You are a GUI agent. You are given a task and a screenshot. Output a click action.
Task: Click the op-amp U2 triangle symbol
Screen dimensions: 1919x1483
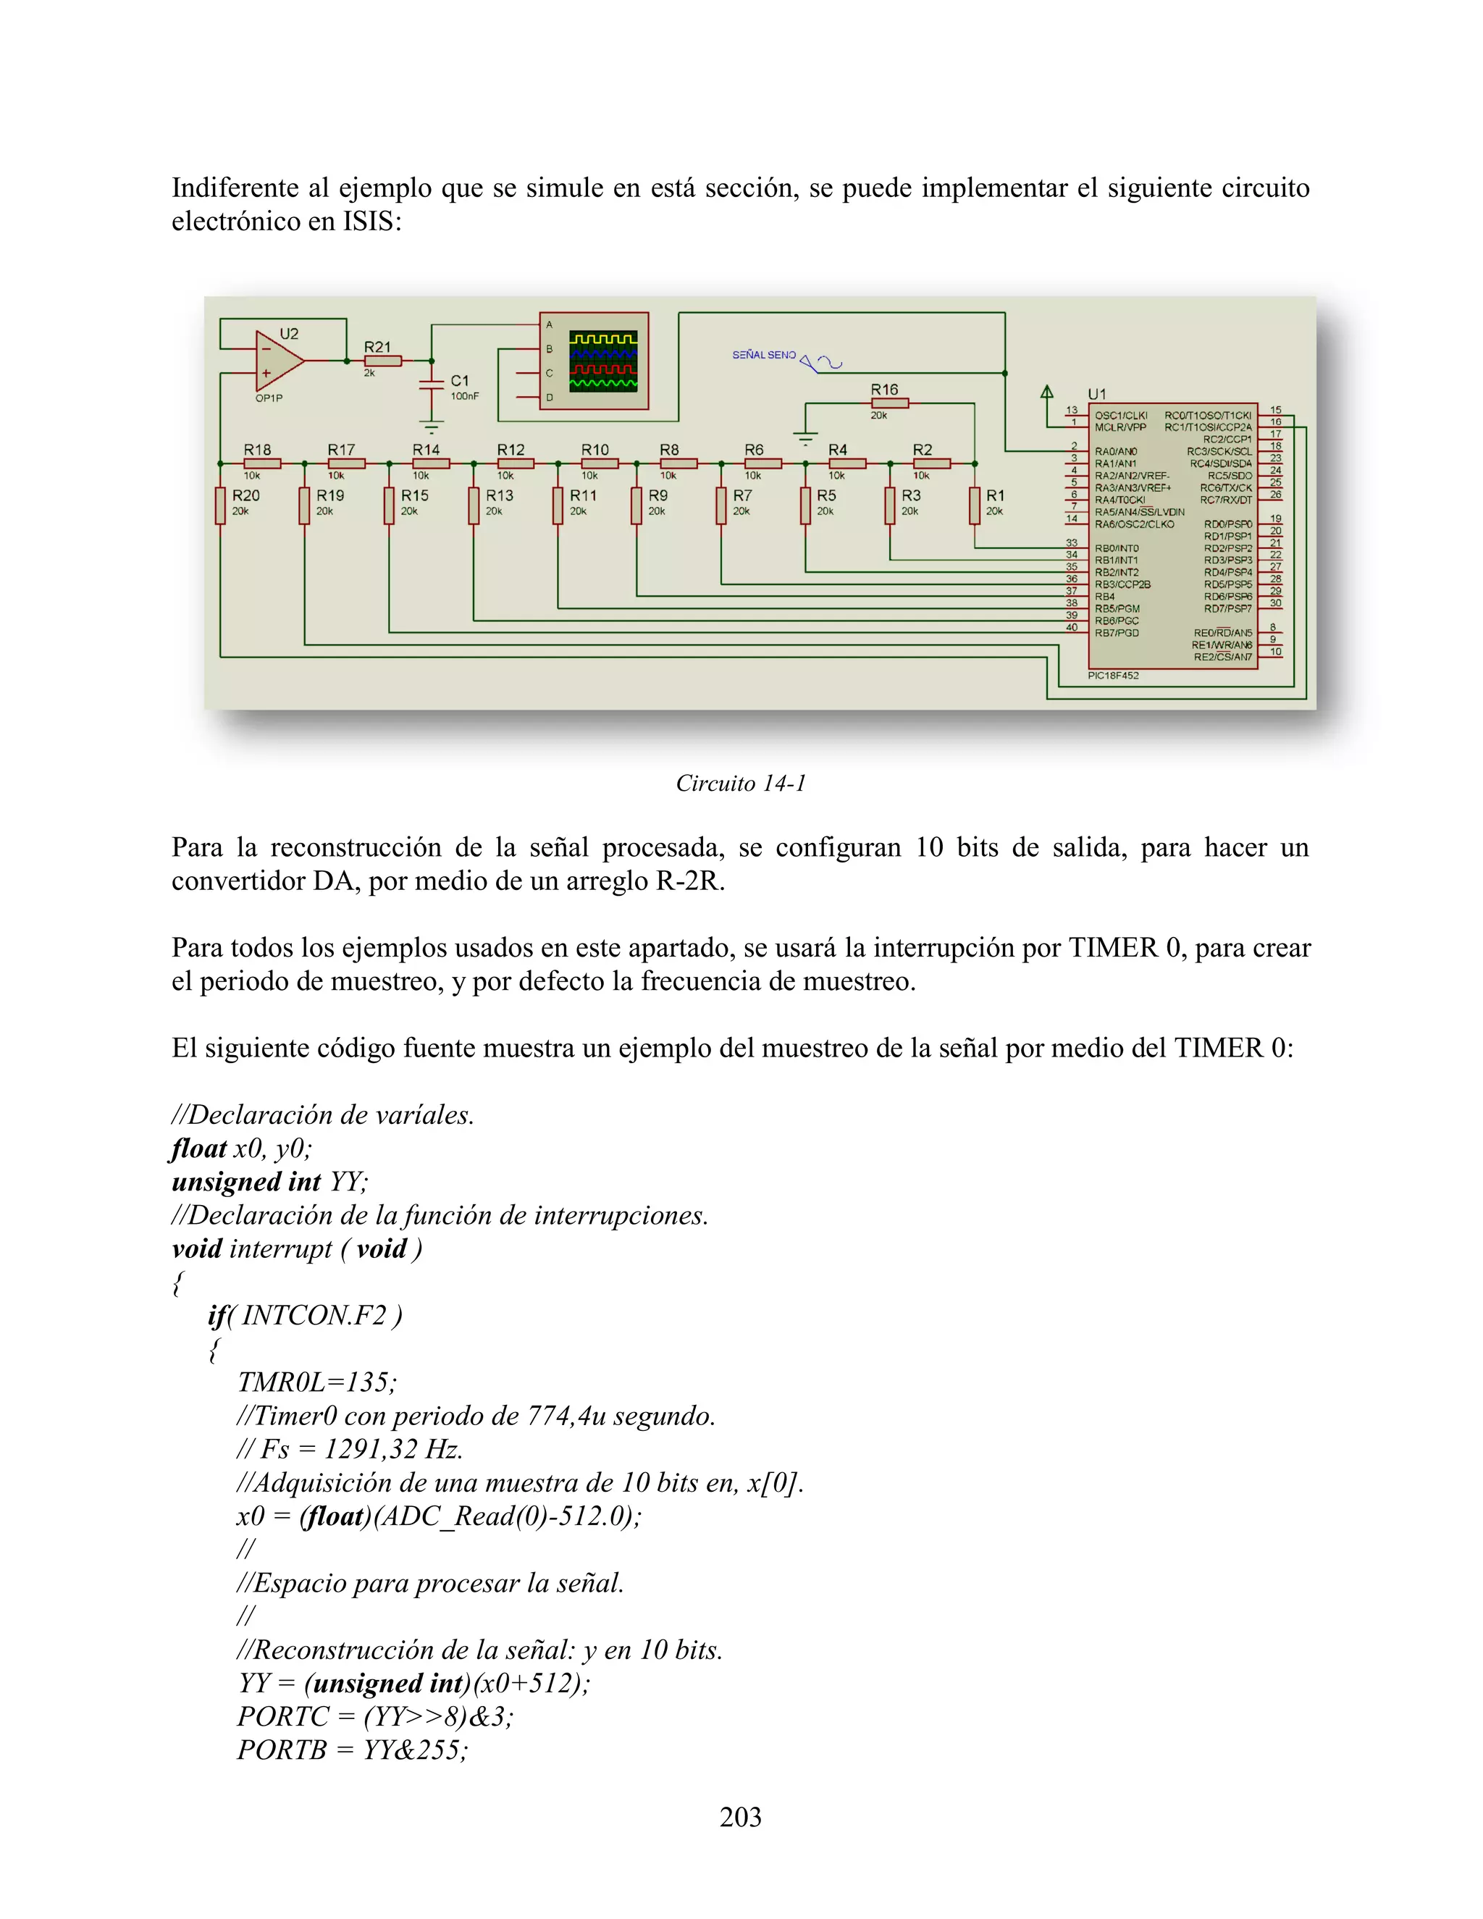276,361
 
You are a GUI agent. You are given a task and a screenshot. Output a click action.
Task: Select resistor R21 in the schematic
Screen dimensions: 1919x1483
383,360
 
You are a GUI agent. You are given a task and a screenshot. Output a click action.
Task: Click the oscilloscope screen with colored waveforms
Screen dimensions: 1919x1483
602,361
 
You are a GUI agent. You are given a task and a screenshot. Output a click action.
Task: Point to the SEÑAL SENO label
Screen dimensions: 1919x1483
763,355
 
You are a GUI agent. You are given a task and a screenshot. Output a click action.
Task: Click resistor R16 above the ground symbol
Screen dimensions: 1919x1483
889,403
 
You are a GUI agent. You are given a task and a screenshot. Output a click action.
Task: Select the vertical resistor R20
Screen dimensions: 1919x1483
221,505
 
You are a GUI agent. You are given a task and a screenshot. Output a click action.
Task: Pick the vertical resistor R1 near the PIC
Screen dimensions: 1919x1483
975,505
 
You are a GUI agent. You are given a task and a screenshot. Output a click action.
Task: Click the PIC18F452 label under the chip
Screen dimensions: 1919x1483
1112,676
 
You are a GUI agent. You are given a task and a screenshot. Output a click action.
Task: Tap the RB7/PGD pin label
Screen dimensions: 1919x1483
1116,633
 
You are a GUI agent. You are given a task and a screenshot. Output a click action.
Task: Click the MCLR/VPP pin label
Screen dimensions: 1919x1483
1120,428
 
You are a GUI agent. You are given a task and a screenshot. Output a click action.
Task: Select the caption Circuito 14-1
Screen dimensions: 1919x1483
741,783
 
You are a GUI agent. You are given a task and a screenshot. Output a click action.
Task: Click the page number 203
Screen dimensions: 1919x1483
741,1817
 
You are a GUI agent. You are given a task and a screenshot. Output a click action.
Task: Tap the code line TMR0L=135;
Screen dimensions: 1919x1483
316,1382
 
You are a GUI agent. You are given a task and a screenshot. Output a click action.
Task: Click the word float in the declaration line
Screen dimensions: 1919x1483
198,1149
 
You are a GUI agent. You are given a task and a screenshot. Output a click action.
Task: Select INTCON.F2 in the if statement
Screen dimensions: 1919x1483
314,1315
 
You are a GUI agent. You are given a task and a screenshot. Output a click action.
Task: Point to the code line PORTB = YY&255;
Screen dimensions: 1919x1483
353,1750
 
